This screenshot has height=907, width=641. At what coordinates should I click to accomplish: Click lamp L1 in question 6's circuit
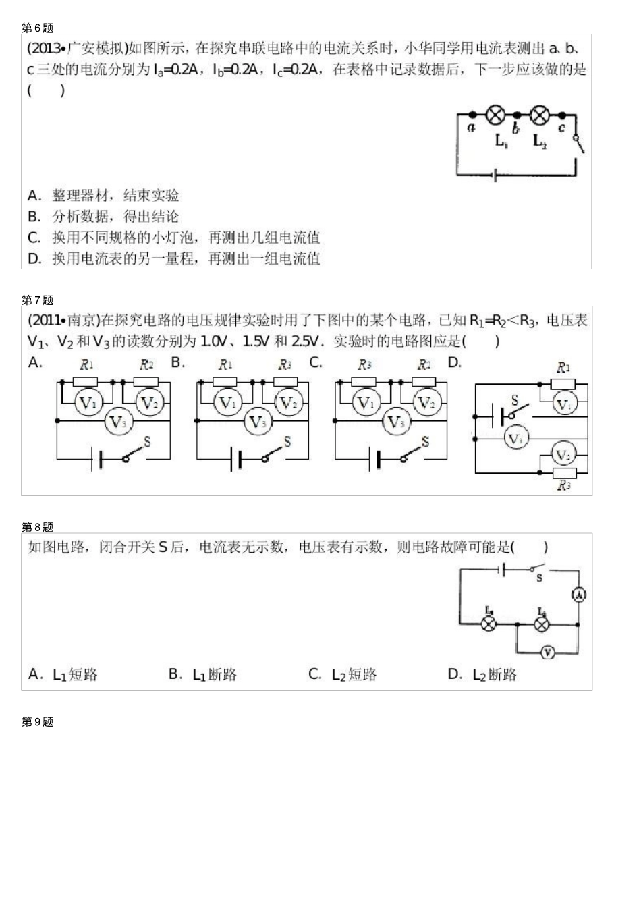[x=496, y=115]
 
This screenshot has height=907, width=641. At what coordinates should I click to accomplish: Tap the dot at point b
[x=517, y=115]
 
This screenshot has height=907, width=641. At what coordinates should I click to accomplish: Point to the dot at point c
[x=562, y=115]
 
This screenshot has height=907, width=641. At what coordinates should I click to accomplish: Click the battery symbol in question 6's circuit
[x=496, y=175]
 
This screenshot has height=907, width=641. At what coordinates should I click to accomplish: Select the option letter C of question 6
[x=34, y=238]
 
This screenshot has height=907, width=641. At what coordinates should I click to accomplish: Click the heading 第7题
[x=37, y=300]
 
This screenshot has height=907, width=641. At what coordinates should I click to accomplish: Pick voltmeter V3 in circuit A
[x=118, y=422]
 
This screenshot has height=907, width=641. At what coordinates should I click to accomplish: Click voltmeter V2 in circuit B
[x=289, y=404]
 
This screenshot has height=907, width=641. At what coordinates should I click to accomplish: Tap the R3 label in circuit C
[x=364, y=365]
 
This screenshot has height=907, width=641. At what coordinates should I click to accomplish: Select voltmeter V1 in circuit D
[x=563, y=404]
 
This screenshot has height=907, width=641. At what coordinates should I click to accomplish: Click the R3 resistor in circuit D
[x=563, y=472]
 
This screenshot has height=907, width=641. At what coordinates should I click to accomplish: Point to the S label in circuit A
[x=148, y=442]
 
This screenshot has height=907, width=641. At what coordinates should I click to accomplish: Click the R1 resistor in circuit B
[x=225, y=382]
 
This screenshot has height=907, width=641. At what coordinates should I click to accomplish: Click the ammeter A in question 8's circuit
[x=578, y=595]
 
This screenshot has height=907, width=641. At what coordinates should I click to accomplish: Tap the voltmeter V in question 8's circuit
[x=547, y=652]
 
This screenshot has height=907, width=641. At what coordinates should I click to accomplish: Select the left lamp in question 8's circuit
[x=489, y=624]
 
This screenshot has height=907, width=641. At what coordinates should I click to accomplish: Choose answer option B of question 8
[x=175, y=674]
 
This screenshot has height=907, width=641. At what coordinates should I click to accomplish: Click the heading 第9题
[x=37, y=722]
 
